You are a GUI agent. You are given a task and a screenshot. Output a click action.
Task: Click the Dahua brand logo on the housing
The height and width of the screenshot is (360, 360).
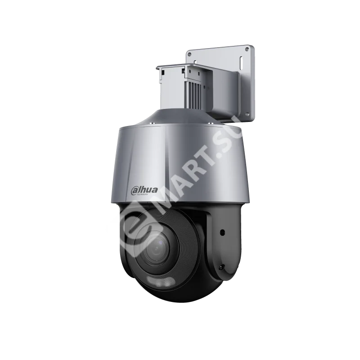pyautogui.click(x=142, y=190)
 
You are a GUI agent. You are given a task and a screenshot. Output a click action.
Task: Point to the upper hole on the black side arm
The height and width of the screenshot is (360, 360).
pyautogui.click(x=222, y=233)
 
